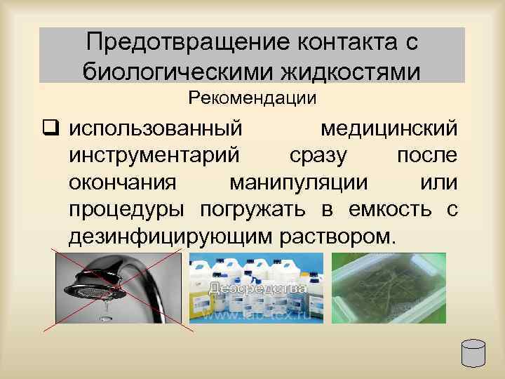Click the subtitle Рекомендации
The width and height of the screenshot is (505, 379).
[x=252, y=98]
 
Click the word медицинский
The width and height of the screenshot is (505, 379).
[x=389, y=129]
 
